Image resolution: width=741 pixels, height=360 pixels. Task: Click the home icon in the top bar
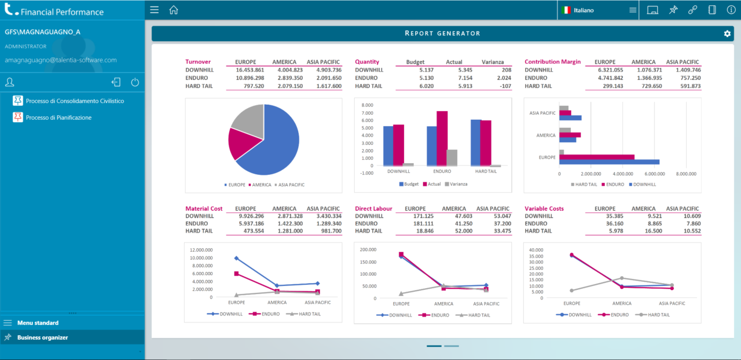click(x=173, y=10)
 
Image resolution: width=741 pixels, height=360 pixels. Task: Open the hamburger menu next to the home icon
click(x=153, y=10)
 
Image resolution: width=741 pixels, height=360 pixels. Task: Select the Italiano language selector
click(x=583, y=10)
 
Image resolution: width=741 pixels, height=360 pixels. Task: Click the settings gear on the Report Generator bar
click(x=727, y=34)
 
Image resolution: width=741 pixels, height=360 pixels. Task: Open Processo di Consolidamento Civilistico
click(x=75, y=101)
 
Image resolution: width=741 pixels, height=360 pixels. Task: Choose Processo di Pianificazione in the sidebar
click(x=58, y=117)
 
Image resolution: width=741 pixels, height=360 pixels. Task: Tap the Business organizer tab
click(x=42, y=337)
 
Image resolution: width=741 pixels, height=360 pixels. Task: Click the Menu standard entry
click(x=38, y=323)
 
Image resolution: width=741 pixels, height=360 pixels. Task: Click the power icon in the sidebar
click(x=135, y=82)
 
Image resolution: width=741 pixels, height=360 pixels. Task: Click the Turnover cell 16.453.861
click(x=250, y=70)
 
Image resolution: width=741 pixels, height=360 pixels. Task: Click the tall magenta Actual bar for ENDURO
click(x=442, y=138)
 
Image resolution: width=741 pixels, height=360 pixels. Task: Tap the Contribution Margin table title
click(x=552, y=62)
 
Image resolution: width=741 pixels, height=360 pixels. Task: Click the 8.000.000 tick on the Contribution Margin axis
click(x=685, y=174)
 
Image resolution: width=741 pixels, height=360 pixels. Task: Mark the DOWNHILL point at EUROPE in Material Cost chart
click(x=236, y=258)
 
